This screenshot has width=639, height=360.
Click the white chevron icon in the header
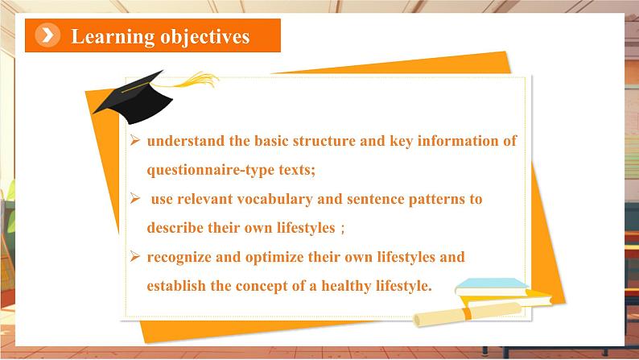point(47,35)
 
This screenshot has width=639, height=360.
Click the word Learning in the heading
point(112,37)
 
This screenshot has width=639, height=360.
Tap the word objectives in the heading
point(205,37)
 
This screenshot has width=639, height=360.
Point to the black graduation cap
point(133,97)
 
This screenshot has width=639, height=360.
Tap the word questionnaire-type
point(211,170)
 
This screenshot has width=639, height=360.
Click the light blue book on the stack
point(492,286)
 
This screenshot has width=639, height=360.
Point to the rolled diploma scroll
point(468,314)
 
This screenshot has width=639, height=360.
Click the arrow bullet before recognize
point(135,256)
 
